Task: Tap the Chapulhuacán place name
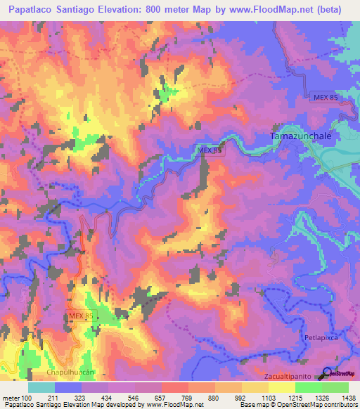pyautogui.click(x=70, y=370)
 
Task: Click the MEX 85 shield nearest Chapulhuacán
pyautogui.click(x=80, y=318)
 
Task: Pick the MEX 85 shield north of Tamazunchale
pyautogui.click(x=325, y=97)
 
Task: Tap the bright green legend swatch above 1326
pyautogui.click(x=308, y=387)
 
